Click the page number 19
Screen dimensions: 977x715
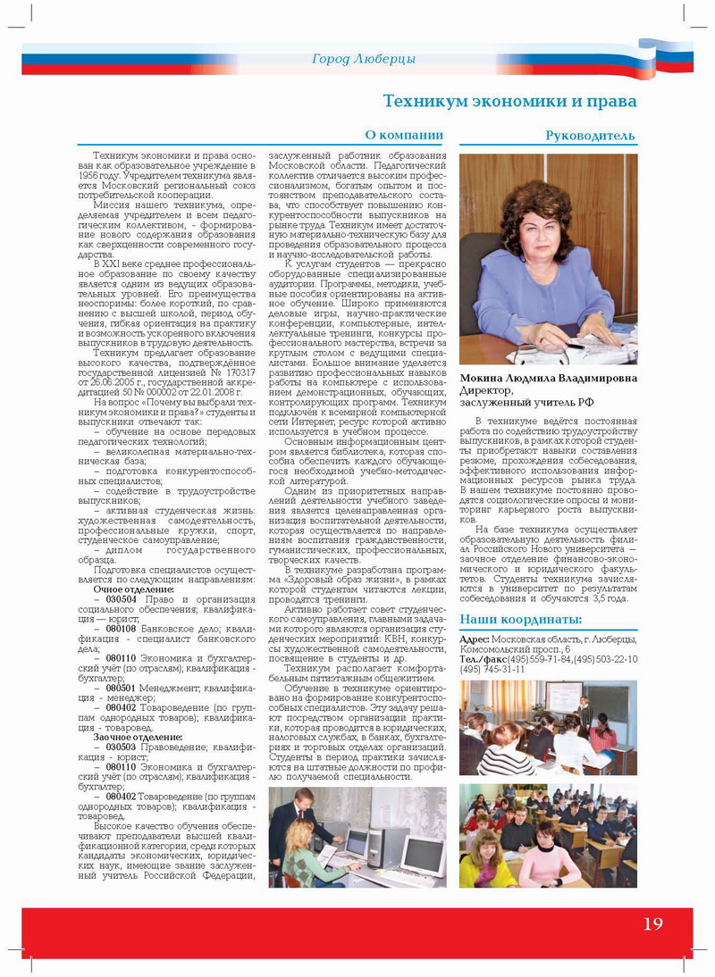click(653, 923)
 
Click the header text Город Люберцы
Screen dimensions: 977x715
click(364, 60)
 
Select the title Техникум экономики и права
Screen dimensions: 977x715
click(509, 101)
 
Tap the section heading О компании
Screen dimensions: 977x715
click(404, 136)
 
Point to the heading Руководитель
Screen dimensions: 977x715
click(591, 136)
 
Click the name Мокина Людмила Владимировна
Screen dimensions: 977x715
click(548, 378)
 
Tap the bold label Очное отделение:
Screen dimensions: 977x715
click(134, 590)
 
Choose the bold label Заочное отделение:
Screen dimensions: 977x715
click(138, 737)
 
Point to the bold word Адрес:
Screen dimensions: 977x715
click(474, 640)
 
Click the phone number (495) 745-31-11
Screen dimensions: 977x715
click(492, 669)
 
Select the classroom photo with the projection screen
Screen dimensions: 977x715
click(548, 727)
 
